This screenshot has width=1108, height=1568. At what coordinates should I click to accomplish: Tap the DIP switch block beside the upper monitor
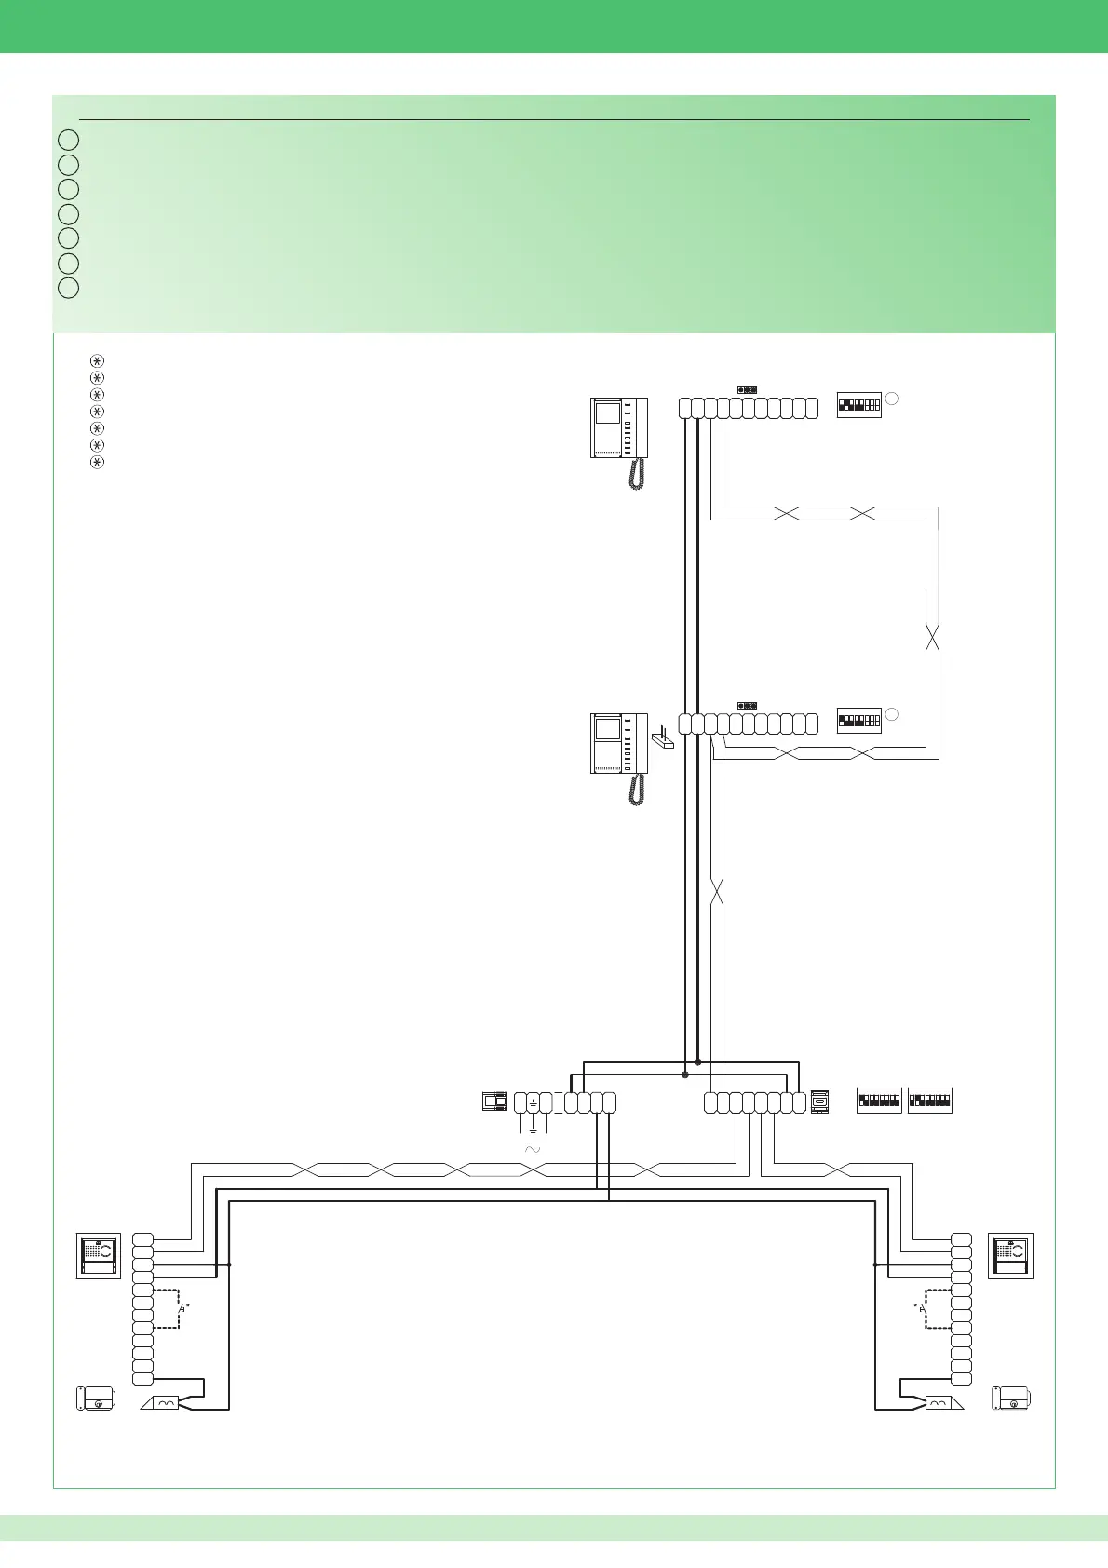click(x=858, y=405)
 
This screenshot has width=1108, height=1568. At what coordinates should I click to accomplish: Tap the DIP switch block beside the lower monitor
click(x=858, y=721)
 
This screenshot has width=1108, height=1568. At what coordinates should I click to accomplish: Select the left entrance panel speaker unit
click(x=98, y=1255)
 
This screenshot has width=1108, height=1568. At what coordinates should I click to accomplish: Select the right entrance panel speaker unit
click(x=1010, y=1255)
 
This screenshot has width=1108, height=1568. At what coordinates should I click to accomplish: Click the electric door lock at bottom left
click(x=95, y=1399)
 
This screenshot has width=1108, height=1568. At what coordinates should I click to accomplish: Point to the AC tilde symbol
click(x=533, y=1151)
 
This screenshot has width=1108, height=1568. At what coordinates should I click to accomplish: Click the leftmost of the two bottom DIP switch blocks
click(x=879, y=1101)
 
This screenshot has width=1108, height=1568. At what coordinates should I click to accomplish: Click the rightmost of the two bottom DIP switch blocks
click(x=929, y=1101)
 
